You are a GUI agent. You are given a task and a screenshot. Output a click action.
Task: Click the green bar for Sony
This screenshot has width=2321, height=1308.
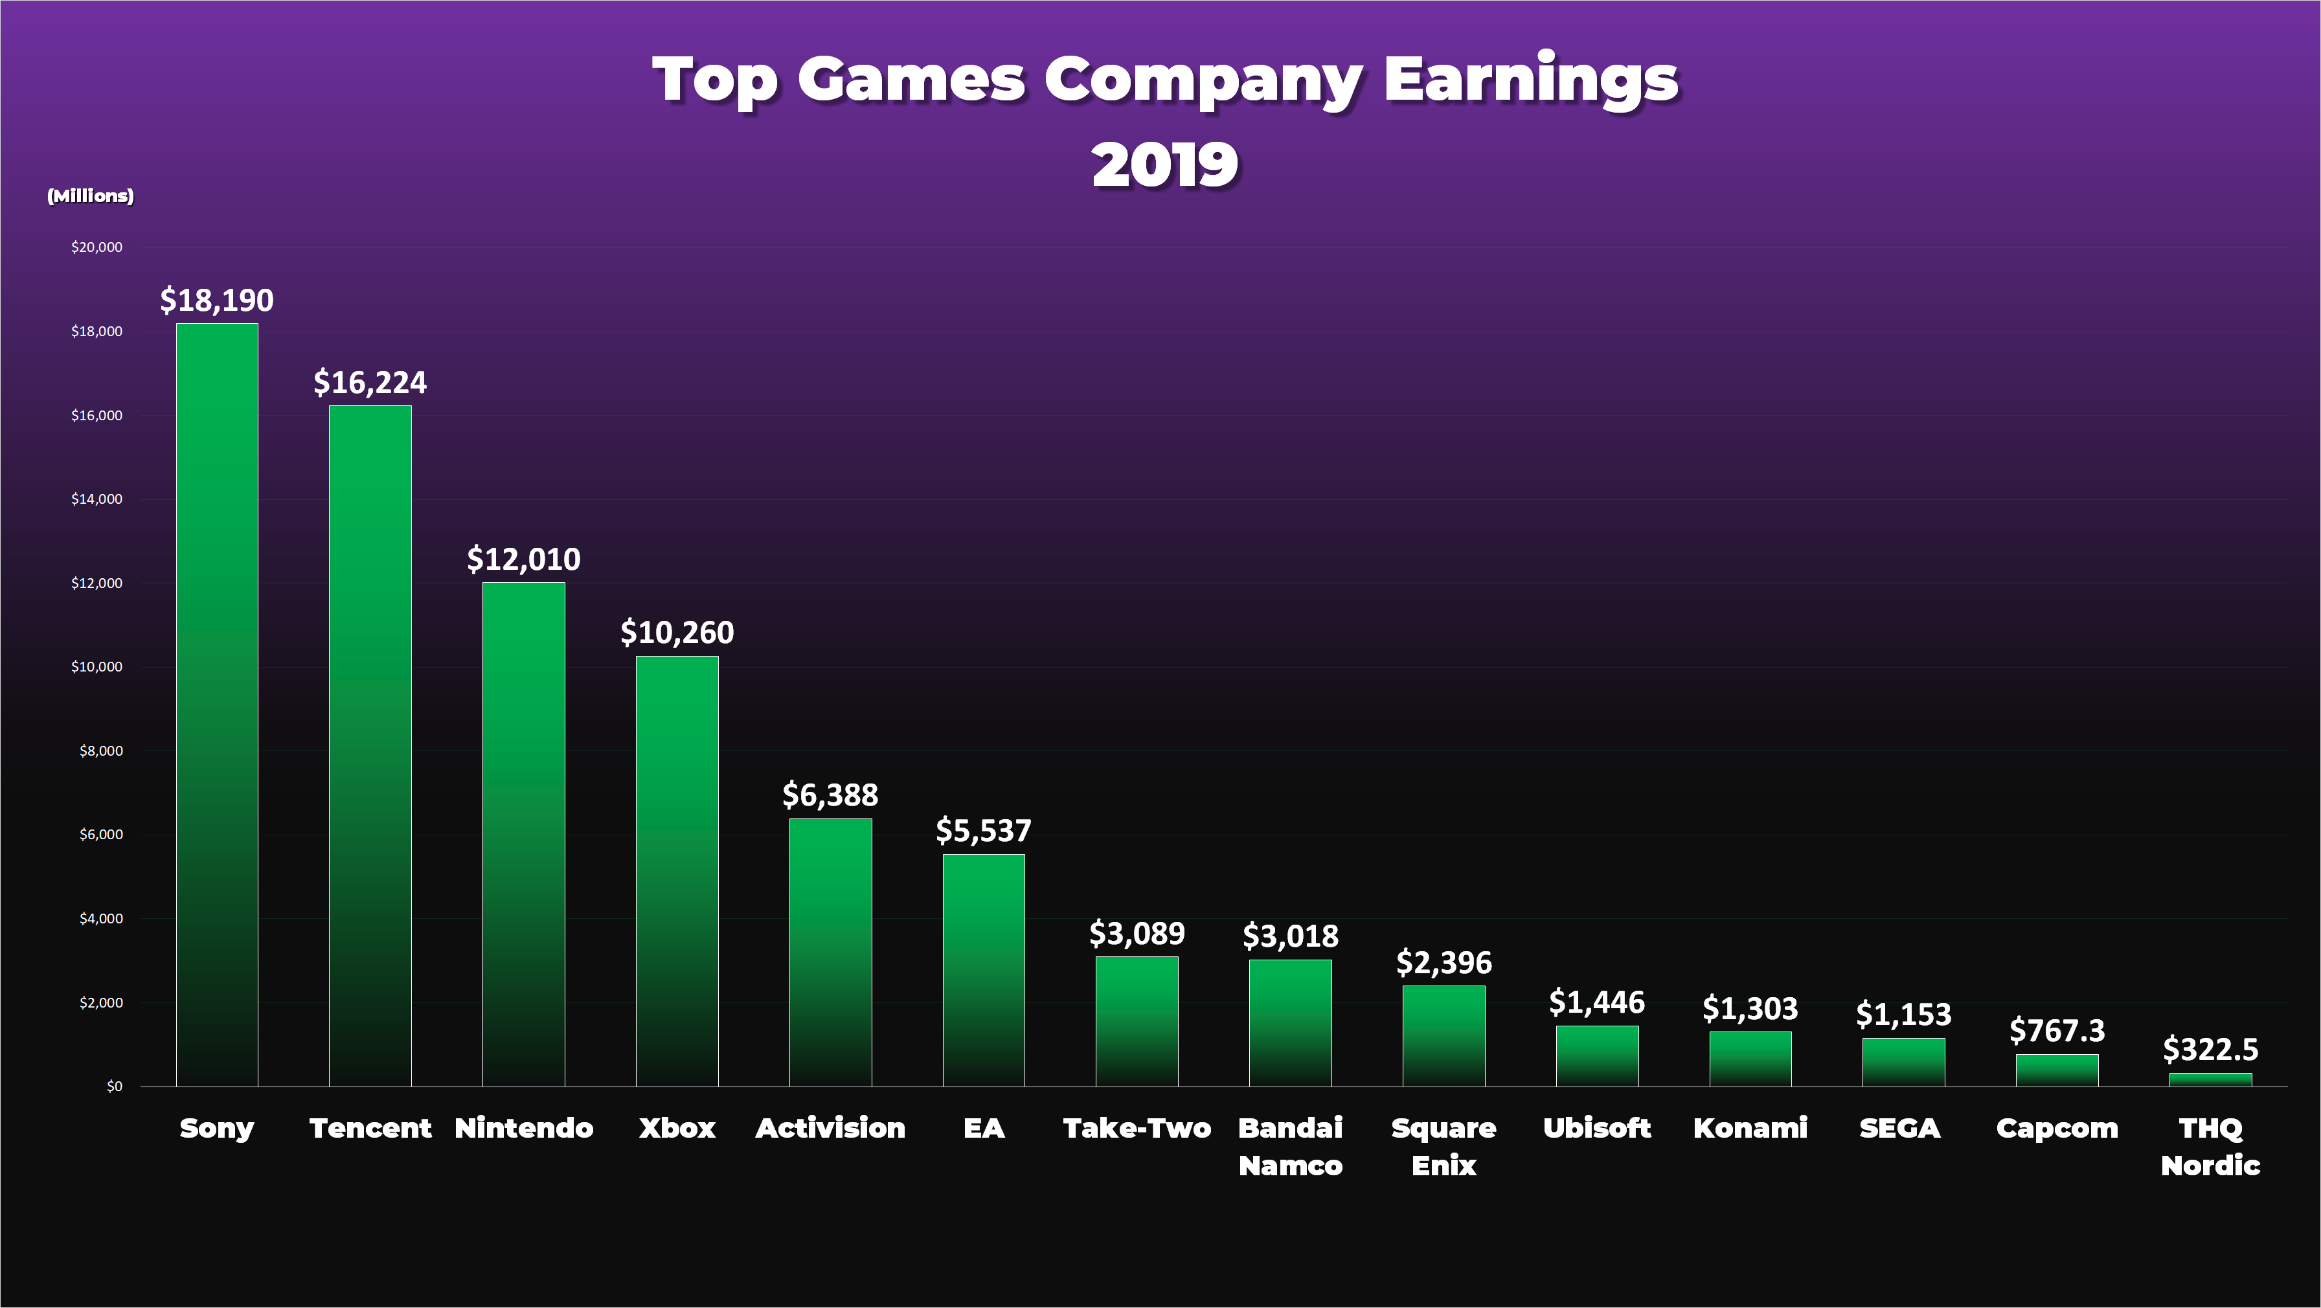point(216,703)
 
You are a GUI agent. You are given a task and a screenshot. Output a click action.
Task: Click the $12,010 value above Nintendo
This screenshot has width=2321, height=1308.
point(523,559)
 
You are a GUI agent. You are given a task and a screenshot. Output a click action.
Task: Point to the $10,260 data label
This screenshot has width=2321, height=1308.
point(677,633)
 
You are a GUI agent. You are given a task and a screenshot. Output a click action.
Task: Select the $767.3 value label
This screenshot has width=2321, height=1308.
point(2056,1030)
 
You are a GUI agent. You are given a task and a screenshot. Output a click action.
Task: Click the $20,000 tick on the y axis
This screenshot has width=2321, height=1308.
point(96,247)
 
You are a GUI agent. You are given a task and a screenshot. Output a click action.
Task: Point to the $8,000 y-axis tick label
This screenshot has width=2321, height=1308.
point(101,750)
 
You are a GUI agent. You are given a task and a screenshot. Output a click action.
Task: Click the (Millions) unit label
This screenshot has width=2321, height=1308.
point(90,196)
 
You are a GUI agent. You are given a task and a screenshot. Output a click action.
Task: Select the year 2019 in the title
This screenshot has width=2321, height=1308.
point(1164,165)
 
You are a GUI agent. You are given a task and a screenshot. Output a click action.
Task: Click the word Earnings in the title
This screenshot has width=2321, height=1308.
point(1530,81)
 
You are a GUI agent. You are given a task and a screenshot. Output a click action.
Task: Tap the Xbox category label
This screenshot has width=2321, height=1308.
point(677,1128)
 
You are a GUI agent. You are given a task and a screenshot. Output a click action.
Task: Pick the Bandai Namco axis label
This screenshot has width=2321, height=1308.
point(1290,1146)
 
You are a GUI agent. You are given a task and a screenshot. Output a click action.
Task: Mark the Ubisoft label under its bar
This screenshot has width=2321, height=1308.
point(1596,1128)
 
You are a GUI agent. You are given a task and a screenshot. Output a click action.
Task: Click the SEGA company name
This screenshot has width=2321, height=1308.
point(1899,1128)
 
